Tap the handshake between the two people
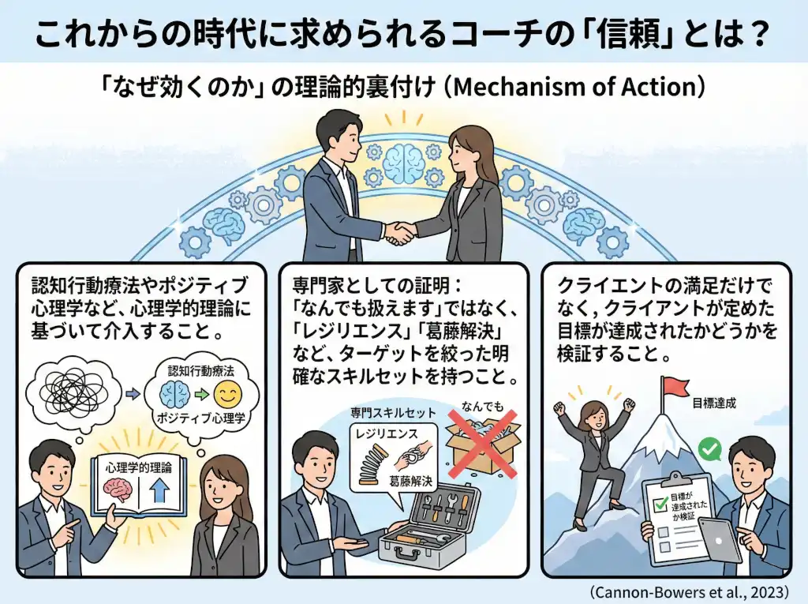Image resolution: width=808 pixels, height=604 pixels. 401,231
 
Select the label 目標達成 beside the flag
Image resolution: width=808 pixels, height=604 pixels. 715,402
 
